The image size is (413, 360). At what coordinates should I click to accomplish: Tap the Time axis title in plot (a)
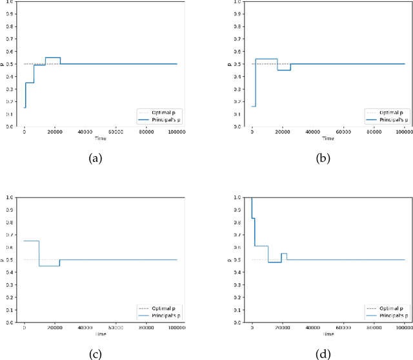(101, 138)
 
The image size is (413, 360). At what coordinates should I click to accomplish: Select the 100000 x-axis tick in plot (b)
(404, 132)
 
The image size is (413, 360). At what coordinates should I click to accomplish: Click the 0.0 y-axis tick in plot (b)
(240, 126)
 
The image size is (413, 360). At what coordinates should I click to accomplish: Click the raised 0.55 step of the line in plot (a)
(52, 57)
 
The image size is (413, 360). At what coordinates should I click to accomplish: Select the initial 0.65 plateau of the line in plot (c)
(31, 241)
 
